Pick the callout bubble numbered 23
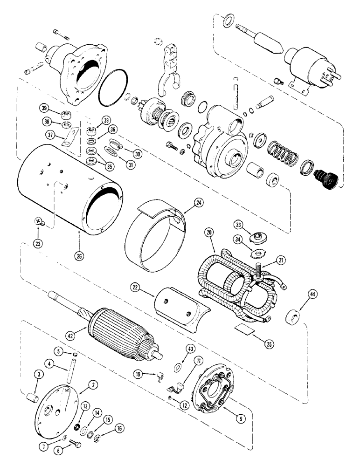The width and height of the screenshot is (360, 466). [38, 243]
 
